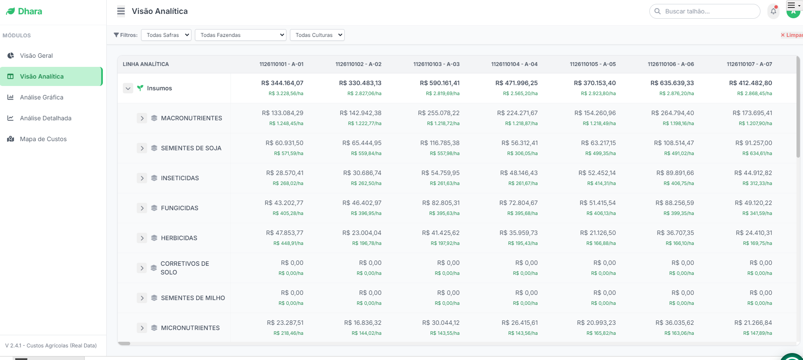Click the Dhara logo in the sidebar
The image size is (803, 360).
tap(24, 11)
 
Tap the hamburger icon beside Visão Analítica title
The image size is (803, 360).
tap(121, 11)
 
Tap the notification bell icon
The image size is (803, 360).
tap(773, 11)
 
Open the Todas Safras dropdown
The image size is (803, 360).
tap(166, 35)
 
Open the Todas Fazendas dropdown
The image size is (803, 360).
tap(240, 35)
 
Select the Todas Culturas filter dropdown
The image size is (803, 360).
tap(317, 35)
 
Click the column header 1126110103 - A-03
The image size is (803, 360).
tap(436, 64)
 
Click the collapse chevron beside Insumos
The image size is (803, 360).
tap(128, 88)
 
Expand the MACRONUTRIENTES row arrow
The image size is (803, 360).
tap(142, 118)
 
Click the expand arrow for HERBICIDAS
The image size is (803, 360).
tap(142, 238)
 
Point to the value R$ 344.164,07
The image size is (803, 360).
tap(282, 83)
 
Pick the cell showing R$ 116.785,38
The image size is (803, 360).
tap(440, 143)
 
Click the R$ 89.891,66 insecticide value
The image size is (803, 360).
tap(675, 173)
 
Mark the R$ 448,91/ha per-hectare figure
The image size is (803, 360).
tap(288, 243)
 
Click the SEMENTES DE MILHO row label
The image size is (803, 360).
tap(193, 298)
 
